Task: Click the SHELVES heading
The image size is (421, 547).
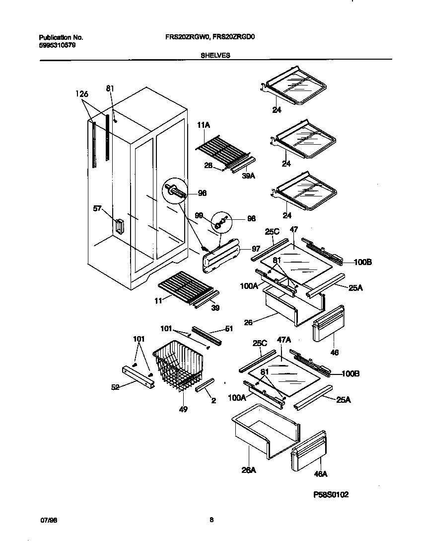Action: tap(215, 56)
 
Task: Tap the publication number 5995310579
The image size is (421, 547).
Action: tap(58, 45)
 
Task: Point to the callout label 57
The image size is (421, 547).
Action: tap(97, 209)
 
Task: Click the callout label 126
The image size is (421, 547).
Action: tap(81, 93)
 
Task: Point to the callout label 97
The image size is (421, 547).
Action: tap(256, 249)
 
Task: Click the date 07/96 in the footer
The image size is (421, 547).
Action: tap(46, 520)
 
